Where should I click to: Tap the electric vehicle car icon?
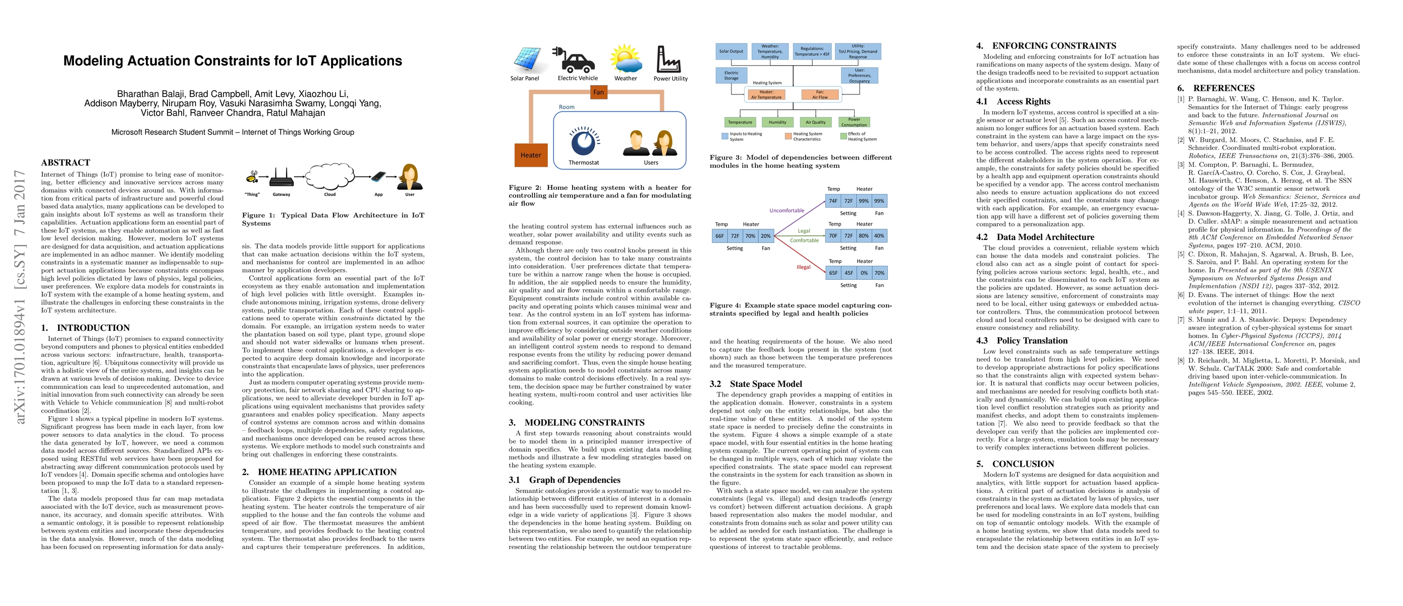point(576,60)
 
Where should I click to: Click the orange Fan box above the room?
point(598,92)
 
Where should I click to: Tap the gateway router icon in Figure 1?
point(282,177)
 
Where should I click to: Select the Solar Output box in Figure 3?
point(731,51)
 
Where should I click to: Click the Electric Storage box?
point(731,75)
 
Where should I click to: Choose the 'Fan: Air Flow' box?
point(820,95)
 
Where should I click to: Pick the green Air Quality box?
point(815,122)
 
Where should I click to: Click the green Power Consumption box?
point(854,122)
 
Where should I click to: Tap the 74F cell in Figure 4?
point(833,200)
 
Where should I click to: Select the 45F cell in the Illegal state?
point(849,273)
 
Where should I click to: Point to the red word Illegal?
point(803,267)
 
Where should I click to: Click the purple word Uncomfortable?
point(787,211)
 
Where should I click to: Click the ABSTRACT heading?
point(66,163)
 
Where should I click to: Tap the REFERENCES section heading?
point(1223,88)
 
